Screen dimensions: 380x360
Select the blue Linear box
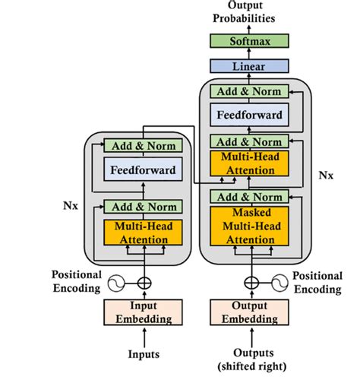coord(250,67)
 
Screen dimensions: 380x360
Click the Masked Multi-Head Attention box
coord(250,226)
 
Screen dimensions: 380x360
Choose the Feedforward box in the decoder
coord(250,116)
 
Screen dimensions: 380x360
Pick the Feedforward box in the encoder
coord(144,171)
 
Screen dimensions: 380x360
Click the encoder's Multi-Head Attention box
coord(144,232)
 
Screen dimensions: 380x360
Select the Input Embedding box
coord(144,313)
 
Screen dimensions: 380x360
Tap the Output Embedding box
coord(250,313)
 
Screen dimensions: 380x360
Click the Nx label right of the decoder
coord(325,174)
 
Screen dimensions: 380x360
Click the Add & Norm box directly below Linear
coord(250,91)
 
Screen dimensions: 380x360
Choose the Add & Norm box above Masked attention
coord(250,197)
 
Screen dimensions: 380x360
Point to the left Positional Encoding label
coord(75,281)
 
